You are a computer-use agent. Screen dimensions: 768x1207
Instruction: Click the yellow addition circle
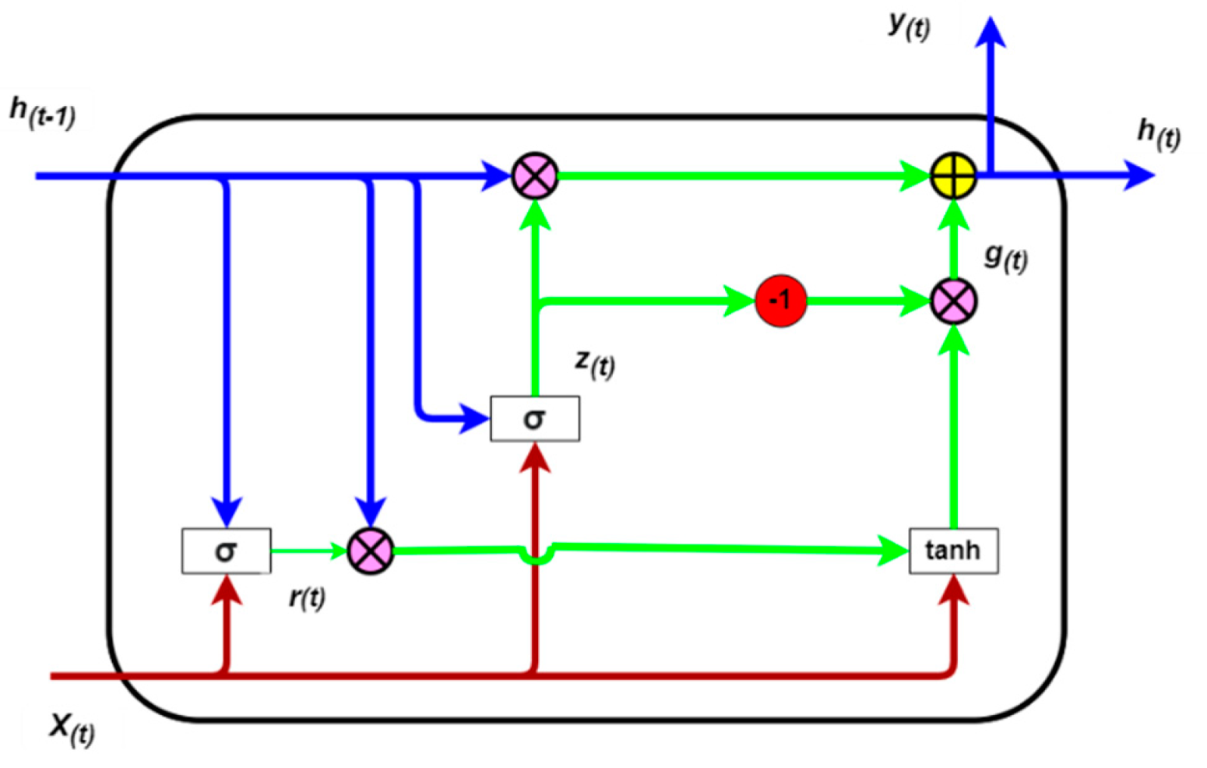click(953, 176)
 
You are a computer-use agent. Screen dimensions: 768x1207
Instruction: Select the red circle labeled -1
click(780, 301)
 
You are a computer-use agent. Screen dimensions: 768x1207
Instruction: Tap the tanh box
click(953, 551)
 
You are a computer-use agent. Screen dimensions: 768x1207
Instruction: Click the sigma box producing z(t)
click(534, 419)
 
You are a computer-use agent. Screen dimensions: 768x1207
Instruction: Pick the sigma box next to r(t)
click(226, 551)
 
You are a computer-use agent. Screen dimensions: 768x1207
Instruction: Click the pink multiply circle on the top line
click(535, 176)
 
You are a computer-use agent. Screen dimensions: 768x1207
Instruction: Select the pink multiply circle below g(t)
click(953, 301)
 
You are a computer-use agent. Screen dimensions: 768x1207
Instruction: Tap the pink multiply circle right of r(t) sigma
click(370, 551)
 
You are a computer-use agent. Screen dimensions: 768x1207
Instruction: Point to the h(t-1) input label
click(43, 113)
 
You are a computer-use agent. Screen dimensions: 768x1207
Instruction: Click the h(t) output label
click(1159, 134)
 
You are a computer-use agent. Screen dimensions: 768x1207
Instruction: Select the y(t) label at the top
click(909, 26)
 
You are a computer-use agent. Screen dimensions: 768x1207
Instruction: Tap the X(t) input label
click(72, 728)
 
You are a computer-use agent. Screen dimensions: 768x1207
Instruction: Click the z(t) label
click(595, 362)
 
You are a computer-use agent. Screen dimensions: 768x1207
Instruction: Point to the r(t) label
click(307, 597)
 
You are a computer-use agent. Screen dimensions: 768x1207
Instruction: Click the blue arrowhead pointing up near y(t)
click(990, 33)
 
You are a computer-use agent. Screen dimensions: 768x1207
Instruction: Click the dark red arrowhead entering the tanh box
click(953, 590)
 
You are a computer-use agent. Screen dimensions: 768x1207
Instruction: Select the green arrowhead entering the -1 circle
click(740, 301)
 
